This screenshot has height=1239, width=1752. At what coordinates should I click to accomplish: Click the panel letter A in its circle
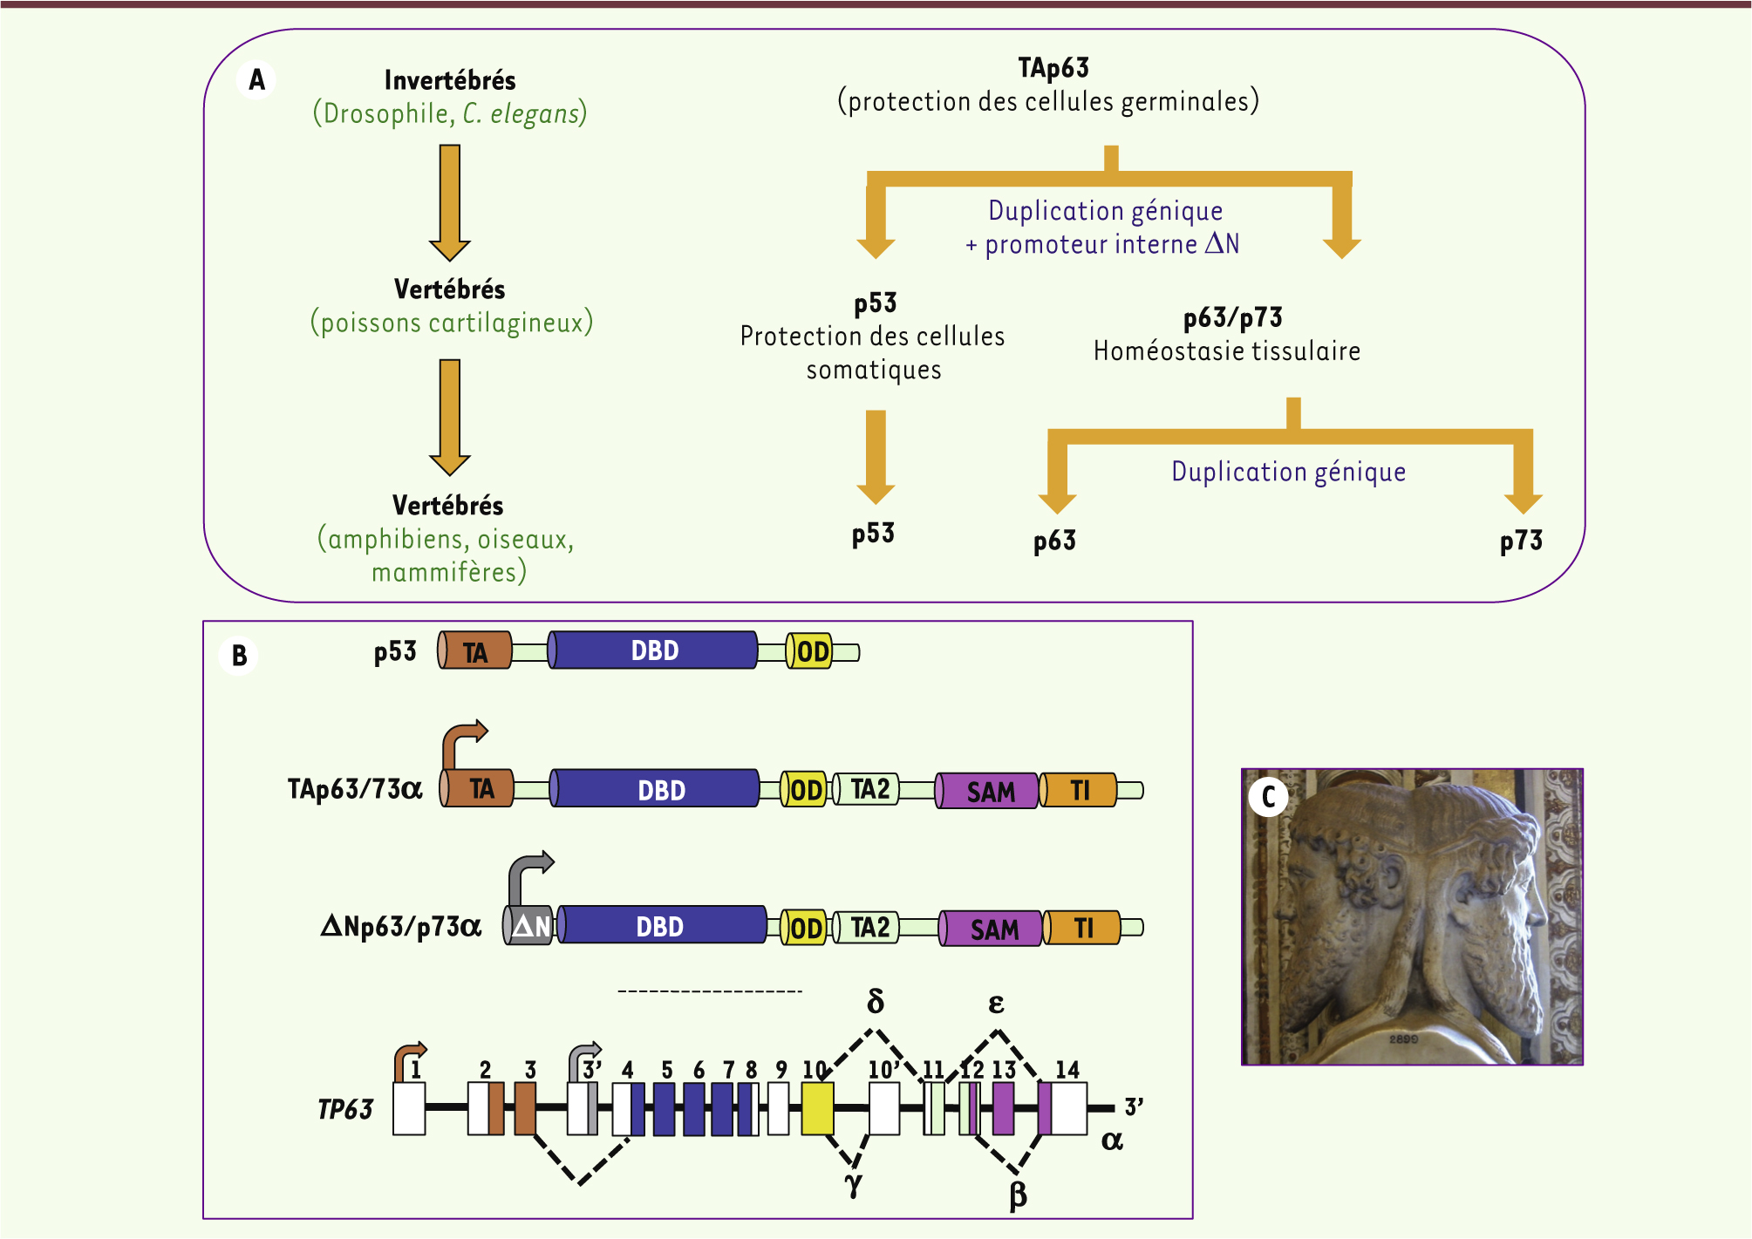256,80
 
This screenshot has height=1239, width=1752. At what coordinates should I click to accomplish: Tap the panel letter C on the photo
1268,797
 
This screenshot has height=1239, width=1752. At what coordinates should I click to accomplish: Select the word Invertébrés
450,81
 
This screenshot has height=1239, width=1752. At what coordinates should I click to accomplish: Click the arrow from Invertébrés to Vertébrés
450,202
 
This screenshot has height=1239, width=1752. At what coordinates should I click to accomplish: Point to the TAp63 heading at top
1053,68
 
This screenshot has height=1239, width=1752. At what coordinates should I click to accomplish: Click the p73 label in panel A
1521,541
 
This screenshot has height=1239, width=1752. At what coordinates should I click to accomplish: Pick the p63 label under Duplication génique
1054,541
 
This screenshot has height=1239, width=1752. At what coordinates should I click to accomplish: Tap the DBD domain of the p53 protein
654,650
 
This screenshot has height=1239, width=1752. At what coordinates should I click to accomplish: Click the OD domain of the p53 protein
811,651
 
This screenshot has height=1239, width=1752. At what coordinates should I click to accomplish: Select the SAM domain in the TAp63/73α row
990,791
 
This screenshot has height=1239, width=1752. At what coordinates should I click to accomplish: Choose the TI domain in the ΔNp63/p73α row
1083,928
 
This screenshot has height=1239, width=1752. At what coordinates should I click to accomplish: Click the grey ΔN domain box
530,926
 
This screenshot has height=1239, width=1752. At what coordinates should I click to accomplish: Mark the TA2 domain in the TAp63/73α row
869,789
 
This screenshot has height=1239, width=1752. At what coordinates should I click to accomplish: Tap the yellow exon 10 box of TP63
817,1108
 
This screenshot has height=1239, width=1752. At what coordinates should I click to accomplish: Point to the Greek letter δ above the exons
876,1002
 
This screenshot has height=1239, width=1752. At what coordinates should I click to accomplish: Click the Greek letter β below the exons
1018,1195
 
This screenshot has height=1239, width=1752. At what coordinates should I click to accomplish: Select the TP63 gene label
345,1109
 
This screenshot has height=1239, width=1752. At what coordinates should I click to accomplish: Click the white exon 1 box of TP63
409,1108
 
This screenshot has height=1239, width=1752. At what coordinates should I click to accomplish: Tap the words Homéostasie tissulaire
1226,351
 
